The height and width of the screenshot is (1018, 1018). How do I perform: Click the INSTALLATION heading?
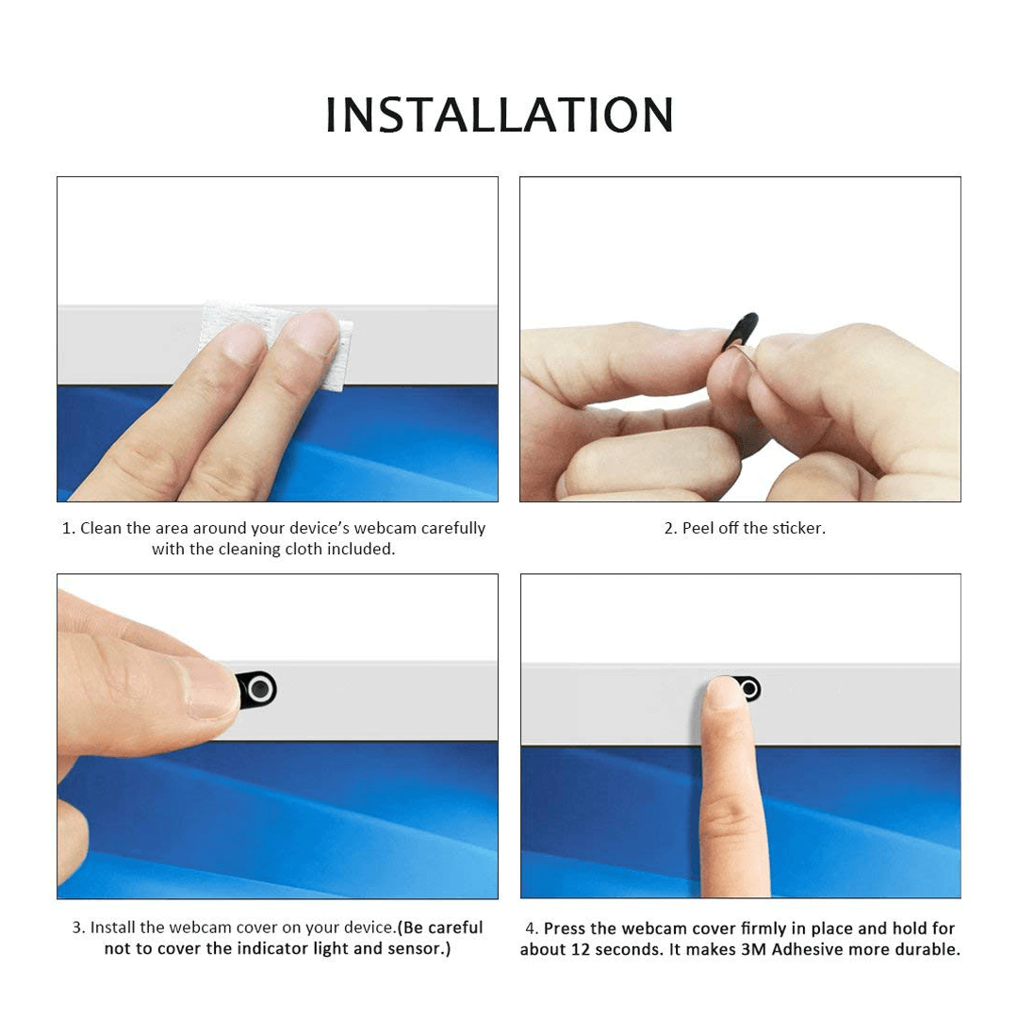click(499, 115)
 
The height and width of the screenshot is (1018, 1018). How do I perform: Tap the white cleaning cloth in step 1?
click(276, 344)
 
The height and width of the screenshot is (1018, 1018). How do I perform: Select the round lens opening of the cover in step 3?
click(260, 689)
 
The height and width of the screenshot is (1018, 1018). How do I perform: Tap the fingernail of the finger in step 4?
click(722, 692)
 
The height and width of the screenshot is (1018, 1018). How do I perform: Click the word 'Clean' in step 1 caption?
click(101, 528)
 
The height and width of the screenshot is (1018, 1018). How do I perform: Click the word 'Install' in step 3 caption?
click(112, 928)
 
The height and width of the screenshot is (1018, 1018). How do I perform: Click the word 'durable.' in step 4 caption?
click(928, 949)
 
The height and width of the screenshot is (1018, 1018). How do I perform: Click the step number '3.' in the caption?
click(78, 928)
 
